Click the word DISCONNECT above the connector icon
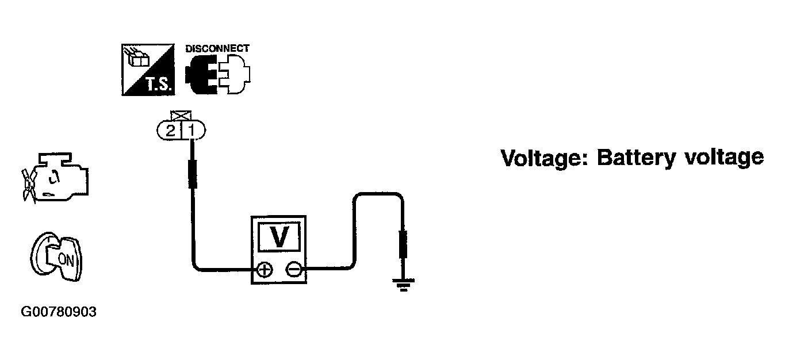[217, 48]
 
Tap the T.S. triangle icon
[148, 70]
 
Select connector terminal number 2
[170, 131]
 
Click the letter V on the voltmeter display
[279, 237]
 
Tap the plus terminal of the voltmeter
[265, 270]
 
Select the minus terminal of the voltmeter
[294, 269]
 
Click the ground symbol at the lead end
[404, 285]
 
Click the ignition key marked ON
[56, 256]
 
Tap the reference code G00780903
[59, 312]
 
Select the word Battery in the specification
[636, 159]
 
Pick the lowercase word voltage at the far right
[725, 159]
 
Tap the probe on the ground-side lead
[403, 244]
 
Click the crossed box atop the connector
[181, 116]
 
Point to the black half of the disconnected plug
[201, 74]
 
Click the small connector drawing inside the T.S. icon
[138, 58]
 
